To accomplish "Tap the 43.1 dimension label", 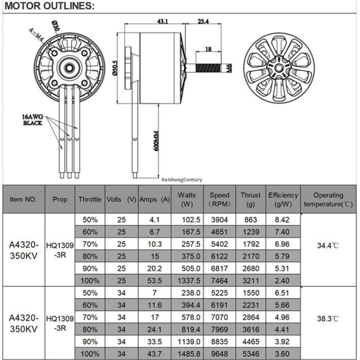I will coord(162,21).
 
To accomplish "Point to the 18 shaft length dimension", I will coord(209,49).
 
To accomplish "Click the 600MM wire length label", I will coord(157,138).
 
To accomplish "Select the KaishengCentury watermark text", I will coord(181,180).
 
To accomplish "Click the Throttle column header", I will coord(89,199).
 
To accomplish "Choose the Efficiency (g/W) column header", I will coord(283,199).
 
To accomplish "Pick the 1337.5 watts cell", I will coord(188,280).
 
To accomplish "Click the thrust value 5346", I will coord(250,354).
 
